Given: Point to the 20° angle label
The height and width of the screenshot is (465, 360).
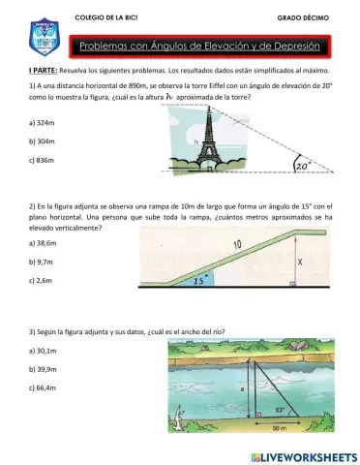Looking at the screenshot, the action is pyautogui.click(x=307, y=166).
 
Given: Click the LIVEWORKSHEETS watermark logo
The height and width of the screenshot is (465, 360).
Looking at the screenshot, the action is pyautogui.click(x=303, y=454).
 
